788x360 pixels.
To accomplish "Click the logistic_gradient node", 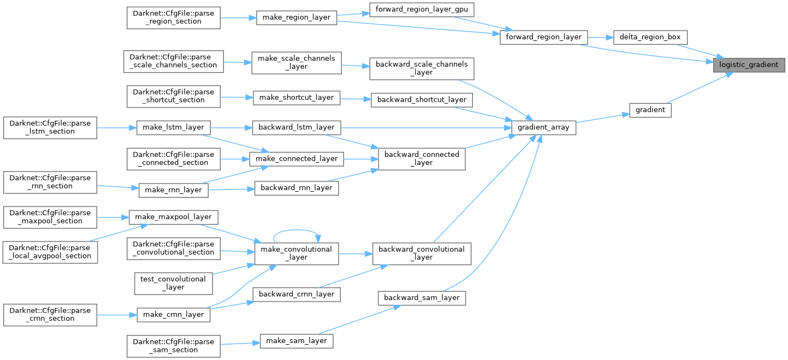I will [749, 64].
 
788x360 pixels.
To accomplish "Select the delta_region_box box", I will [650, 38].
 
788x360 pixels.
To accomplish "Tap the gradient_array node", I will [543, 127].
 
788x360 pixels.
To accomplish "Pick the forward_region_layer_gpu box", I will [421, 10].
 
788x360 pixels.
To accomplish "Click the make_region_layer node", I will [297, 17].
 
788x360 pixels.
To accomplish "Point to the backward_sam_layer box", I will [422, 298].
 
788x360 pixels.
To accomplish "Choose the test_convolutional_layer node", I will [173, 283].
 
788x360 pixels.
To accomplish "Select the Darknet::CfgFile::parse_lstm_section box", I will [50, 127].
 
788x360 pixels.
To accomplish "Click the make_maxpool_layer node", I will [173, 217].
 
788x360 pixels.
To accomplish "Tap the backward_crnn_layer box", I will [297, 294].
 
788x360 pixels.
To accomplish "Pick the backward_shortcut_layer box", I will [422, 99].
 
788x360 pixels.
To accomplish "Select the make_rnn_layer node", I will [173, 190].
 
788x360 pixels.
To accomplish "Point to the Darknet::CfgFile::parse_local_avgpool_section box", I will [50, 252].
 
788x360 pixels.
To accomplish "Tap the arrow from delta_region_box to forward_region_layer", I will [600, 38].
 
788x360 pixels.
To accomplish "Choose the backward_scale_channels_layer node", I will [422, 68].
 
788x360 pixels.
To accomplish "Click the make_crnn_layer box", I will [173, 314].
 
